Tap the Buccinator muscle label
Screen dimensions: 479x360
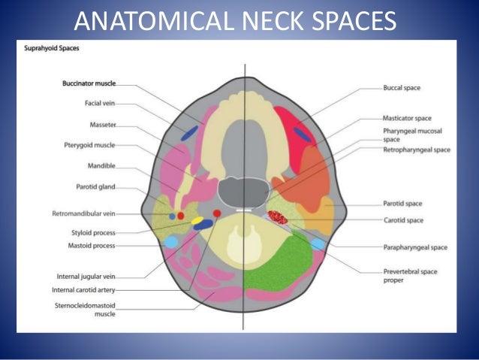pos(89,83)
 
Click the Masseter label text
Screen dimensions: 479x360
pos(103,124)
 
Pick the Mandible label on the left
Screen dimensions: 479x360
pos(101,167)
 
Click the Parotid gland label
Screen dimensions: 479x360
pos(95,188)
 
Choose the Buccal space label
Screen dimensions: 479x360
pos(402,88)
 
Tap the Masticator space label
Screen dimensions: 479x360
pos(407,118)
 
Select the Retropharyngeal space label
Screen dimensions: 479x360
pos(416,150)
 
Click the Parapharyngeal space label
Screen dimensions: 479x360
pos(414,247)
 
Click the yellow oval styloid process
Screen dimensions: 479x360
pos(197,221)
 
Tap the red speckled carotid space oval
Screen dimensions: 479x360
pos(279,218)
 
